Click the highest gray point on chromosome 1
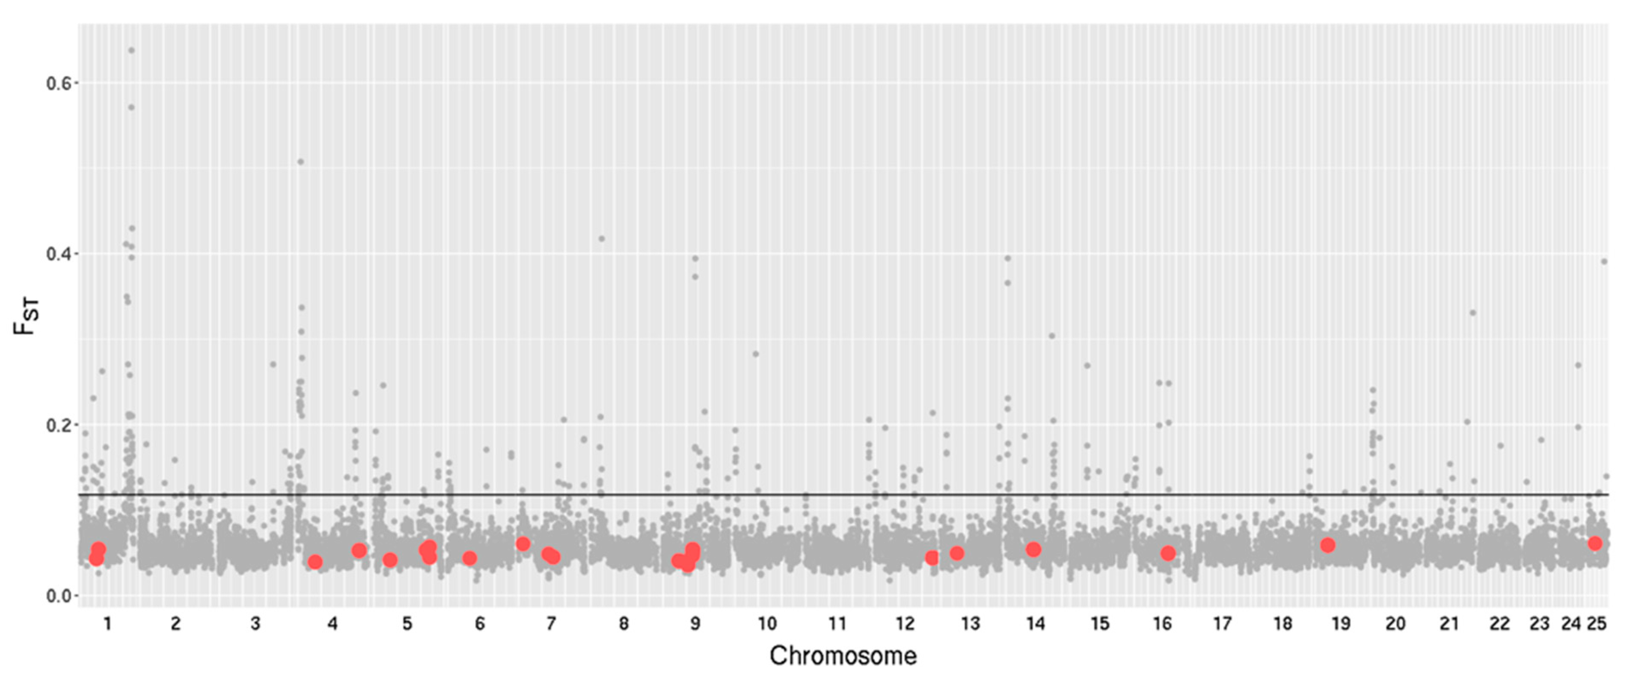[x=131, y=50]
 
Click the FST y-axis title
[x=27, y=317]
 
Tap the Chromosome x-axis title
[x=843, y=655]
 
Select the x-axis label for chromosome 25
[x=1596, y=624]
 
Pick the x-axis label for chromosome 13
[x=970, y=624]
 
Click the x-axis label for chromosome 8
[x=624, y=624]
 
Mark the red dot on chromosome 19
[x=1327, y=545]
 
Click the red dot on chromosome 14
[x=1033, y=549]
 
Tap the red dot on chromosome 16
[x=1168, y=553]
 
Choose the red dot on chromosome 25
[x=1595, y=543]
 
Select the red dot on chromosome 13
[x=956, y=553]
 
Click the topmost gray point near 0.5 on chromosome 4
[x=300, y=162]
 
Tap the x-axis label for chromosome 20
[x=1395, y=624]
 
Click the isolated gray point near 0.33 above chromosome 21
[x=1473, y=312]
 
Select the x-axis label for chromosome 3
[x=255, y=624]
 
